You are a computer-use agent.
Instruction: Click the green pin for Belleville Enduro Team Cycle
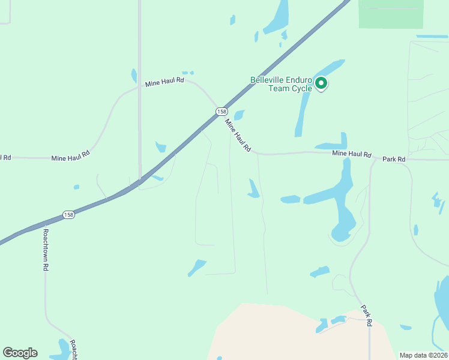point(321,83)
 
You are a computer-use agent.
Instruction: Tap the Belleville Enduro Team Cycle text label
point(282,84)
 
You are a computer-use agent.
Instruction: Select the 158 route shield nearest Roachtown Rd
point(69,214)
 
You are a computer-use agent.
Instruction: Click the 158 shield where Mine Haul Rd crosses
point(221,112)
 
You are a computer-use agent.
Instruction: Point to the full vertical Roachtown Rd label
point(45,250)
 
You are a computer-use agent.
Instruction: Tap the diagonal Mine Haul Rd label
point(238,135)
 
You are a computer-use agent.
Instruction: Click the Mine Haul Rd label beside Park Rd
point(352,154)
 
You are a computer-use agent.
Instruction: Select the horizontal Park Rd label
point(394,159)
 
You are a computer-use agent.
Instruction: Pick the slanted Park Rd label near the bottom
point(367,315)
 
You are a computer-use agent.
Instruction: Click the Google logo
point(20,353)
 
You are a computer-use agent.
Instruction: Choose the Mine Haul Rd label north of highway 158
point(164,82)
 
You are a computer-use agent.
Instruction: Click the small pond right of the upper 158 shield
point(239,115)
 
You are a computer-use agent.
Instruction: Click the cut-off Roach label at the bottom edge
point(73,350)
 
